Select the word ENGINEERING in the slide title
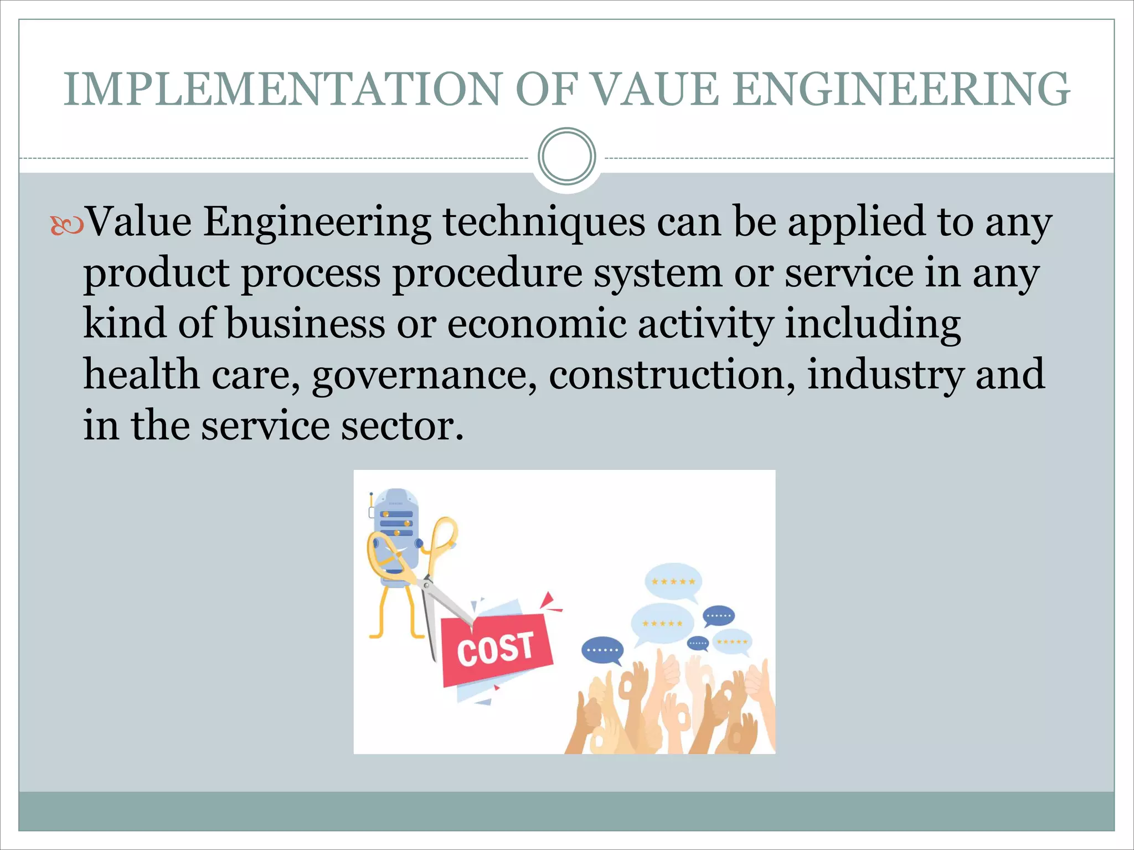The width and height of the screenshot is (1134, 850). pos(903,89)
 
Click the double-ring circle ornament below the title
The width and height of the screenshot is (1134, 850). pos(566,157)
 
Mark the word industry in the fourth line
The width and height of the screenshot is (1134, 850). pos(886,375)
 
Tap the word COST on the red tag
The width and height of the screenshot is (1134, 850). pos(496,649)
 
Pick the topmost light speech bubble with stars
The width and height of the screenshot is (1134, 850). pos(673,582)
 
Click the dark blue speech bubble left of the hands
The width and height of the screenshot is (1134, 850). pos(602,650)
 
